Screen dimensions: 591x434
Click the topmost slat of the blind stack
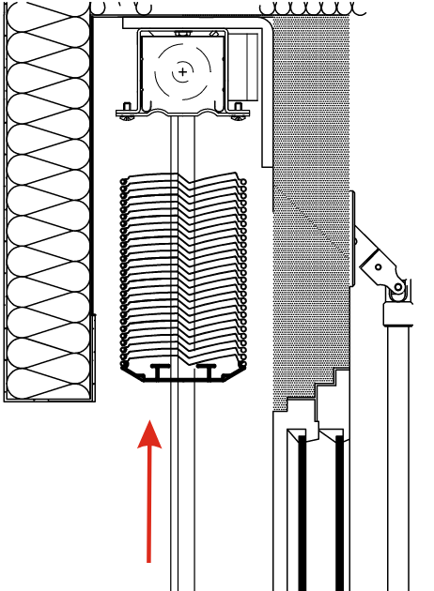[x=182, y=180]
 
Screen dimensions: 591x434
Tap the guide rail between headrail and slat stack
[x=182, y=145]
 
